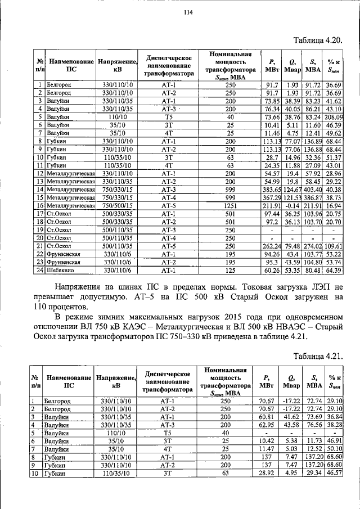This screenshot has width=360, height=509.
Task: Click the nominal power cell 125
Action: click(x=230, y=271)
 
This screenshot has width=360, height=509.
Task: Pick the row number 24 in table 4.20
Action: click(x=40, y=271)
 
